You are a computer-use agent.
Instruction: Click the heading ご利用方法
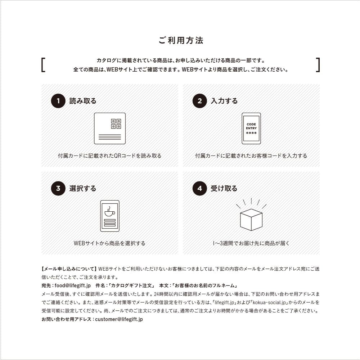click(181, 40)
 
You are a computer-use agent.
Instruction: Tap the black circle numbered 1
click(58, 101)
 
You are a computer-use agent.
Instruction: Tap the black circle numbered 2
click(199, 101)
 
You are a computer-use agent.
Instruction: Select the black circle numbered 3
click(58, 188)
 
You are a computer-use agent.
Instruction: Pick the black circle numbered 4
click(199, 188)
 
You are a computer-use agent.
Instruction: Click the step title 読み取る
click(83, 101)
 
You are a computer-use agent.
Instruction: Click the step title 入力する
click(224, 101)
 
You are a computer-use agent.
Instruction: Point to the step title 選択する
click(83, 188)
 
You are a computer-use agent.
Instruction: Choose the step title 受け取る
click(224, 188)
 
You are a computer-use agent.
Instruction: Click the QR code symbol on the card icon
click(116, 124)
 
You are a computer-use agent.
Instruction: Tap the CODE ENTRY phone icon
click(251, 128)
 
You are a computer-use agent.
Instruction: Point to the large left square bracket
click(43, 65)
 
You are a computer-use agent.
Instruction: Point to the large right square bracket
click(318, 65)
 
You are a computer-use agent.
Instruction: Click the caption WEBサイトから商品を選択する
click(109, 243)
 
